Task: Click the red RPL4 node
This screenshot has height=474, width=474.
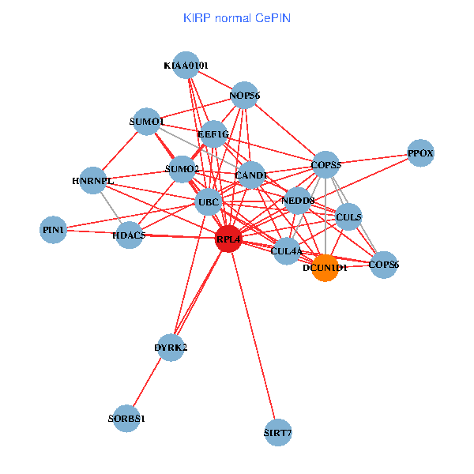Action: point(228,239)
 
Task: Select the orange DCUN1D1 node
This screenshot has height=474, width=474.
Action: point(325,267)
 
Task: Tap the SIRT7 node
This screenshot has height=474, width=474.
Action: point(277,432)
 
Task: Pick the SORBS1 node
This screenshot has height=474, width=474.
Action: point(126,418)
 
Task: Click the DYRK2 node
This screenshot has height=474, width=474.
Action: point(171,348)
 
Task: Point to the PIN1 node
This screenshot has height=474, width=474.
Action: point(54,230)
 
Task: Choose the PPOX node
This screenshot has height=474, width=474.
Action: point(421,153)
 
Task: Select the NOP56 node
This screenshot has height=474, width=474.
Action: point(245,96)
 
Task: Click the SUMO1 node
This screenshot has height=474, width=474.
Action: point(147,122)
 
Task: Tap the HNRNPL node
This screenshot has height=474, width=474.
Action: point(93,181)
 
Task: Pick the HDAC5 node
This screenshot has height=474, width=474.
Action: point(128,235)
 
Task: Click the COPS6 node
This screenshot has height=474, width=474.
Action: point(384,265)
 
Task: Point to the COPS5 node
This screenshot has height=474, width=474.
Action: point(325,165)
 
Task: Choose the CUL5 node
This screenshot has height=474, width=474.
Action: point(348,216)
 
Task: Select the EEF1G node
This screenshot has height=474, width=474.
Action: point(213,134)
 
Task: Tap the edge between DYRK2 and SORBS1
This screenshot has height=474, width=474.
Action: point(149,383)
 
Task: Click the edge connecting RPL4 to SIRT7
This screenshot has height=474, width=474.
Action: point(253,335)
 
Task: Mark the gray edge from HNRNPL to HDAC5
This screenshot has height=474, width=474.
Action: point(111,208)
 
